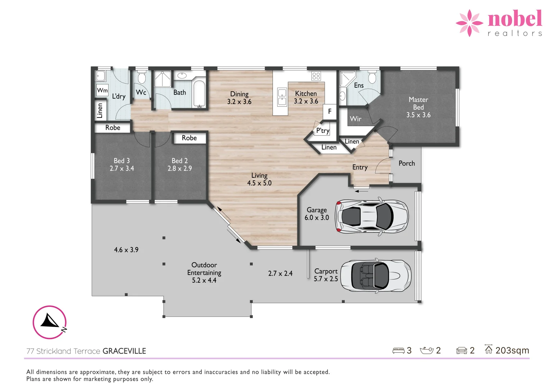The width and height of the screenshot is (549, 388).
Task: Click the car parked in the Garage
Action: pyautogui.click(x=372, y=217)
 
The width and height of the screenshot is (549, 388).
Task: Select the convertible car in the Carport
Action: pyautogui.click(x=376, y=276)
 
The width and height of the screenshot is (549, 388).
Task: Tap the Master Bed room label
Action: pyautogui.click(x=418, y=107)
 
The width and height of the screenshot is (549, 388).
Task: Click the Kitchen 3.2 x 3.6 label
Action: pyautogui.click(x=306, y=97)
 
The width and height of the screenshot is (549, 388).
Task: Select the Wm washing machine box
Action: pyautogui.click(x=102, y=90)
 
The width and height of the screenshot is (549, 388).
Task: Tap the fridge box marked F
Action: pyautogui.click(x=329, y=111)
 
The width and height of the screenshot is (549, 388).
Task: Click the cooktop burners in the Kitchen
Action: pyautogui.click(x=316, y=76)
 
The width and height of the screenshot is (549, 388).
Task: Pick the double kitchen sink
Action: pyautogui.click(x=282, y=97)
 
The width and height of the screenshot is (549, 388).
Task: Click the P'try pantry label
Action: pyautogui.click(x=322, y=131)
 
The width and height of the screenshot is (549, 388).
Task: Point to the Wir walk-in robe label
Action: pyautogui.click(x=355, y=119)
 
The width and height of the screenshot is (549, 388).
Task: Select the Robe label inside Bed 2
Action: pyautogui.click(x=189, y=138)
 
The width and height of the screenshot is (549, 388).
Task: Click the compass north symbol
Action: pyautogui.click(x=50, y=322)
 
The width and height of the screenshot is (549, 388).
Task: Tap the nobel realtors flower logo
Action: pyautogui.click(x=469, y=23)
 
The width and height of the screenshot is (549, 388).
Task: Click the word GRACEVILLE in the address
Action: pyautogui.click(x=124, y=351)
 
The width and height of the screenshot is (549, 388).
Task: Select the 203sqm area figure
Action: pyautogui.click(x=512, y=350)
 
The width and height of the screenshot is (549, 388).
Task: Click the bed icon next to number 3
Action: pyautogui.click(x=398, y=351)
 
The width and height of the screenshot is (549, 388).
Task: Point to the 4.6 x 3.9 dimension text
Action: pyautogui.click(x=126, y=250)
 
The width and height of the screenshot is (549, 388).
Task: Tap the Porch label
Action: pyautogui.click(x=407, y=163)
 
